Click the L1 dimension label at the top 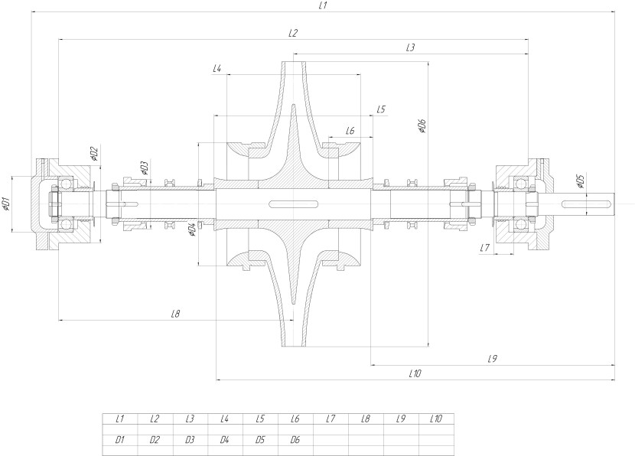click(x=323, y=6)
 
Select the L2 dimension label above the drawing click(x=292, y=33)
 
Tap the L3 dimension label click(x=410, y=47)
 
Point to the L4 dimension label click(x=217, y=69)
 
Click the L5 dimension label click(x=380, y=109)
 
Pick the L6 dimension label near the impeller click(x=350, y=131)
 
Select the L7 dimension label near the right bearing click(x=484, y=248)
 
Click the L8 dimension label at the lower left click(x=175, y=314)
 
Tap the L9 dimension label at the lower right click(x=492, y=358)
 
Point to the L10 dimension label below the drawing click(x=415, y=373)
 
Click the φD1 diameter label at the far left click(x=6, y=204)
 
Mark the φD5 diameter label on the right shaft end click(x=580, y=181)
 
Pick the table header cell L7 click(x=331, y=419)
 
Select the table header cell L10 click(x=436, y=419)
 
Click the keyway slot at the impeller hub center click(x=293, y=204)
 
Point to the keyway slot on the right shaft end click(x=587, y=204)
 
